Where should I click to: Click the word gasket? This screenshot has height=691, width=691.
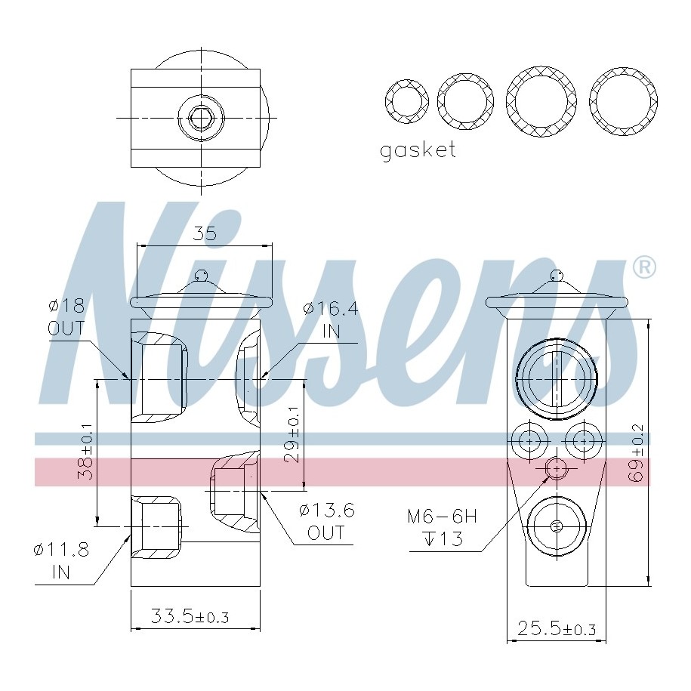click(x=418, y=150)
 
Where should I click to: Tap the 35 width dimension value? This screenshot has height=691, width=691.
click(x=204, y=233)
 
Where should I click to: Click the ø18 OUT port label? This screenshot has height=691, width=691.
click(x=66, y=318)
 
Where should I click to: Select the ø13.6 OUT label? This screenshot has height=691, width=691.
click(x=327, y=521)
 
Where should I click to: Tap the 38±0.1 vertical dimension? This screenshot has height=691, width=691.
click(x=86, y=452)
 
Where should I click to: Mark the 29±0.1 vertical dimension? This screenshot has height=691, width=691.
click(x=293, y=435)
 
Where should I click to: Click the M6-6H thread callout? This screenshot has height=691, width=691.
click(x=443, y=527)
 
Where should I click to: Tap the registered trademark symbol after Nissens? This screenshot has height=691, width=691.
click(x=643, y=267)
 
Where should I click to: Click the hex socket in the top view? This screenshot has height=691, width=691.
click(x=200, y=118)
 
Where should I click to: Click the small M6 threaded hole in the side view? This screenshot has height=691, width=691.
click(x=557, y=469)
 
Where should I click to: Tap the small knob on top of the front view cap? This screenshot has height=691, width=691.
click(x=200, y=276)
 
